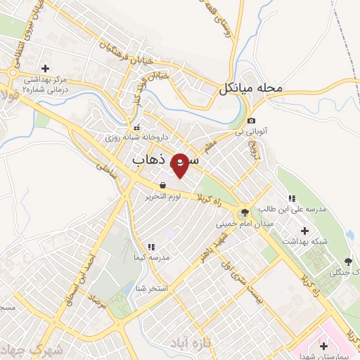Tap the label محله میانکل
250,89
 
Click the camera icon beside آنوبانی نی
252,120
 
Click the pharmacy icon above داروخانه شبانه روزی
136,128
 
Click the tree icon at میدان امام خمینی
245,212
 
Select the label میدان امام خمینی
245,223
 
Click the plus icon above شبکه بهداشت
304,231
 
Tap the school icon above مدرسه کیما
150,247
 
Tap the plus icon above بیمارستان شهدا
323,346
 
